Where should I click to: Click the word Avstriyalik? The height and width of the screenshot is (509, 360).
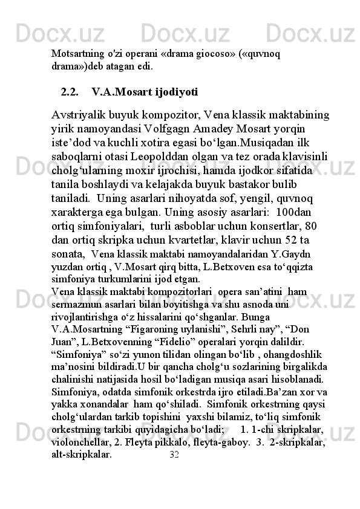[x=84, y=114]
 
